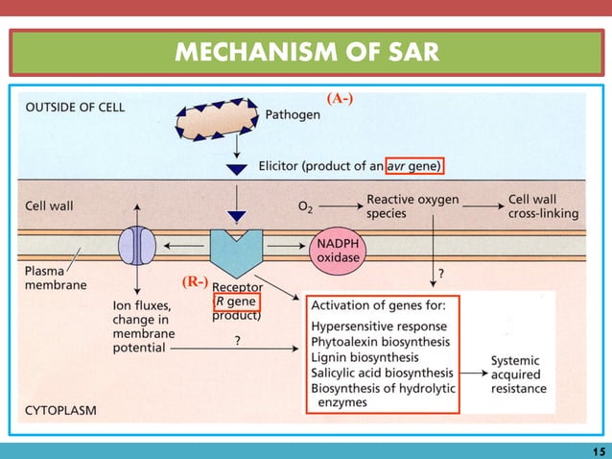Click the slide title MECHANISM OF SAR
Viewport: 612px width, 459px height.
[306, 52]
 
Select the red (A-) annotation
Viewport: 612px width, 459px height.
[340, 98]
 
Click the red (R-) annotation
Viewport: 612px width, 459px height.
[194, 283]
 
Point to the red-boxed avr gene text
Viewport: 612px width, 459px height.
[414, 166]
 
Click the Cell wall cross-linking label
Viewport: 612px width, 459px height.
[543, 206]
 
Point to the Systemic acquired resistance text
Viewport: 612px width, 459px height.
[518, 374]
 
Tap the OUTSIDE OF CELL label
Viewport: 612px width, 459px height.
[73, 107]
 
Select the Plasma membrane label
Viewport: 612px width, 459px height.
[54, 278]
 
